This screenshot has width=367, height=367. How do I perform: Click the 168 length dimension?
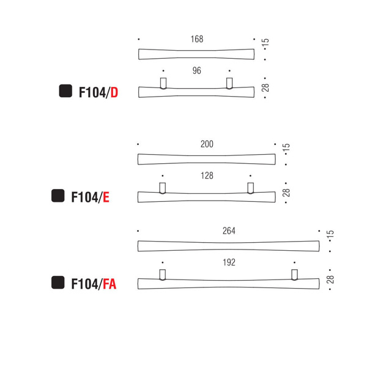point(197,39)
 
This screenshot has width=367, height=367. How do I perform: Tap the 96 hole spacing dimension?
point(196,70)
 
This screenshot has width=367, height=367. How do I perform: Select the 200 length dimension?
point(207,144)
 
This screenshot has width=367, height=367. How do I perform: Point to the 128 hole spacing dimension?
point(207,176)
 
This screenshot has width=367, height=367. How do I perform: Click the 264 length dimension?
point(229,231)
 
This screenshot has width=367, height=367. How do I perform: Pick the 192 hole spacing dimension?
point(229,262)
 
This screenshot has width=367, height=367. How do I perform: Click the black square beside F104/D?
point(65,91)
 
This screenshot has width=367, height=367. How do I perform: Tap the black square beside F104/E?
point(58,196)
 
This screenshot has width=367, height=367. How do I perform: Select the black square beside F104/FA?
point(58,283)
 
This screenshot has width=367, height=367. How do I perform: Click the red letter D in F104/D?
point(114,92)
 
